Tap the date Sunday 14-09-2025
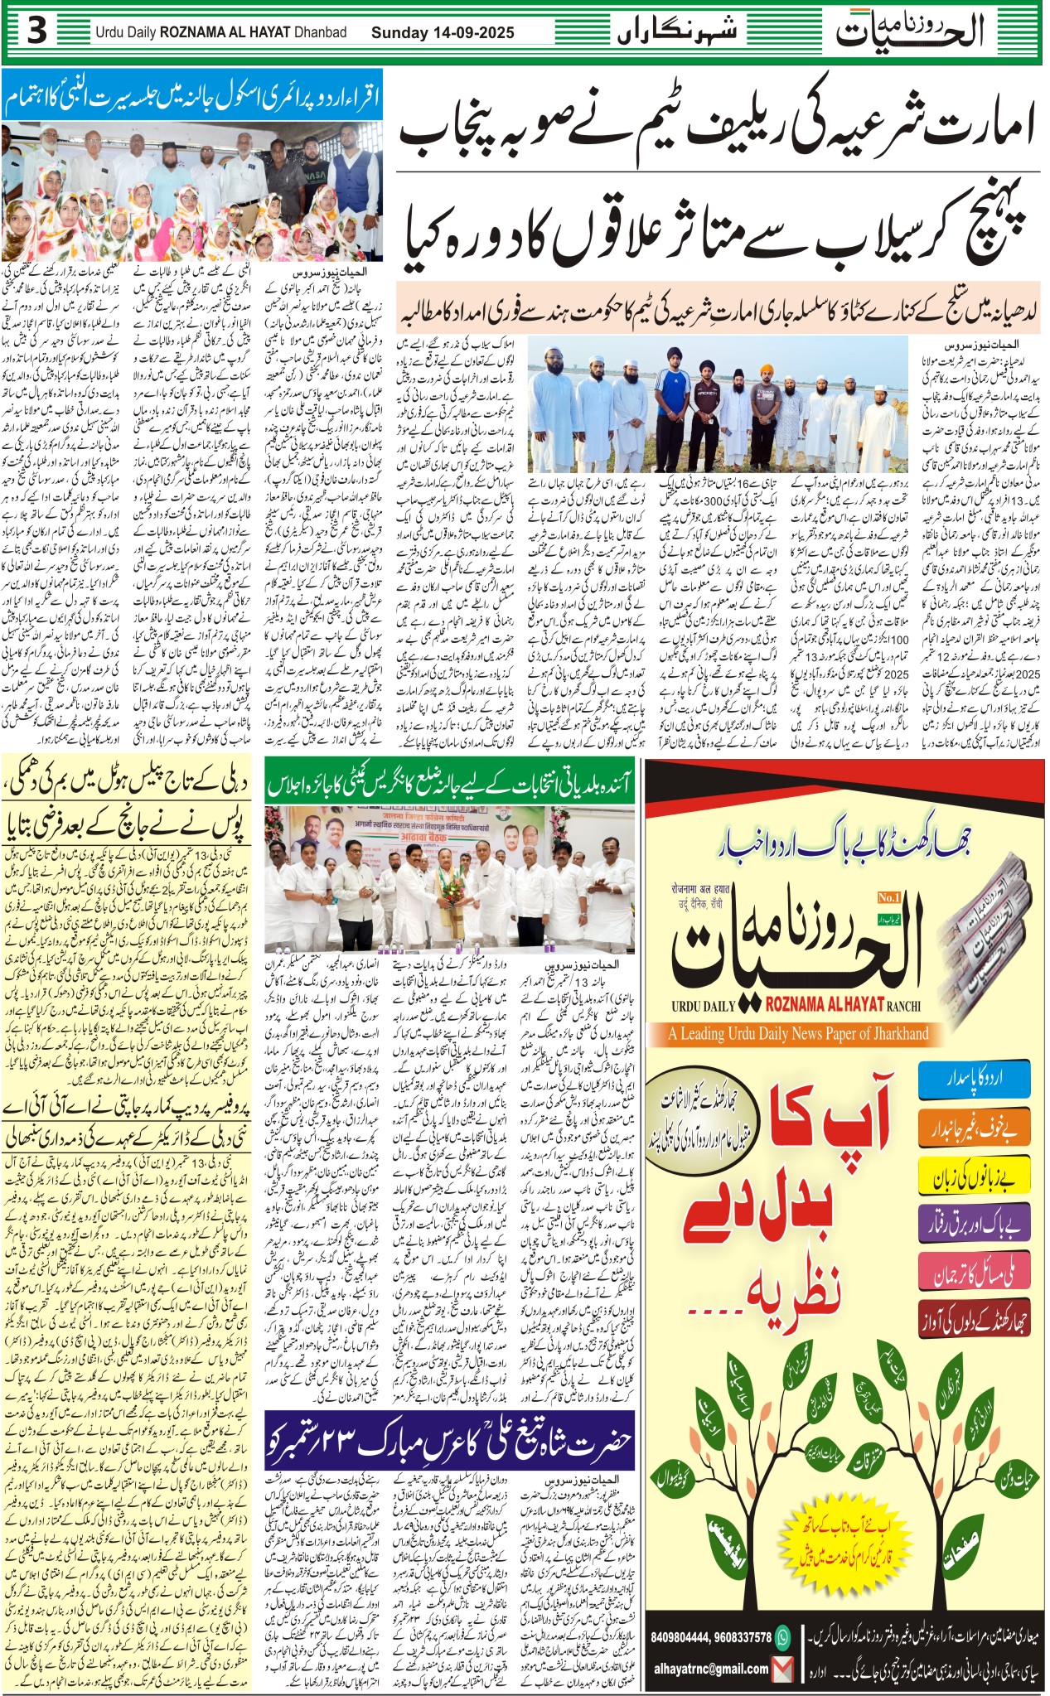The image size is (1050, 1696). [x=443, y=33]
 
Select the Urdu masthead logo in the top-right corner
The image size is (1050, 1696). [x=909, y=31]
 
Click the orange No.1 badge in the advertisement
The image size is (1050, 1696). [x=888, y=896]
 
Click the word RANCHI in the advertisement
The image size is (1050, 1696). [x=903, y=1006]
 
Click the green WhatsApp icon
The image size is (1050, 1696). [x=781, y=1637]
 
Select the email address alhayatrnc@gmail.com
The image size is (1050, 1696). [x=710, y=1669]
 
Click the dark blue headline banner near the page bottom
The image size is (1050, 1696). [x=450, y=1441]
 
